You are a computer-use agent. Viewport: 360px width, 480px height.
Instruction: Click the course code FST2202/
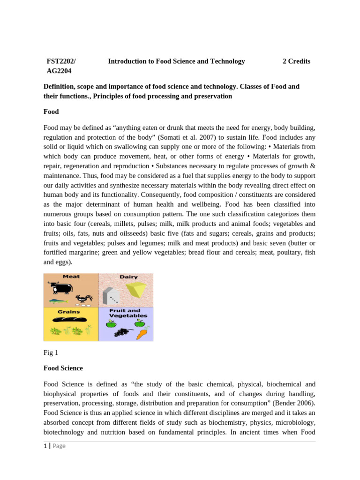click(x=61, y=61)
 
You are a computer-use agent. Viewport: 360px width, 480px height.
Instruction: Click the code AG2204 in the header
click(x=59, y=71)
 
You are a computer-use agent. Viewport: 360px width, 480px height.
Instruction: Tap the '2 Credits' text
click(x=296, y=61)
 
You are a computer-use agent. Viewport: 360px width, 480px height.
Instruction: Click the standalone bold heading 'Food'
click(x=51, y=112)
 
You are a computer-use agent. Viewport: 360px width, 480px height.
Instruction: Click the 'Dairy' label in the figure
click(x=128, y=277)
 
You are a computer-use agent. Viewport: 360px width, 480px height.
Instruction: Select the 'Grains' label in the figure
click(x=68, y=311)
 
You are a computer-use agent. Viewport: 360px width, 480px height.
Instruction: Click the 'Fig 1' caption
click(x=51, y=352)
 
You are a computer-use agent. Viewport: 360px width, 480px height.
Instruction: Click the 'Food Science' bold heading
click(x=63, y=368)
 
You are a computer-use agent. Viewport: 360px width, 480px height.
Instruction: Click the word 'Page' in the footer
click(x=59, y=446)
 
